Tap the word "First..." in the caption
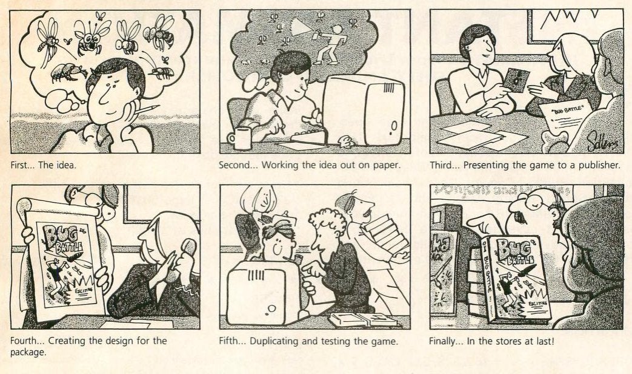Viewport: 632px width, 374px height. [x=22, y=165]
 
